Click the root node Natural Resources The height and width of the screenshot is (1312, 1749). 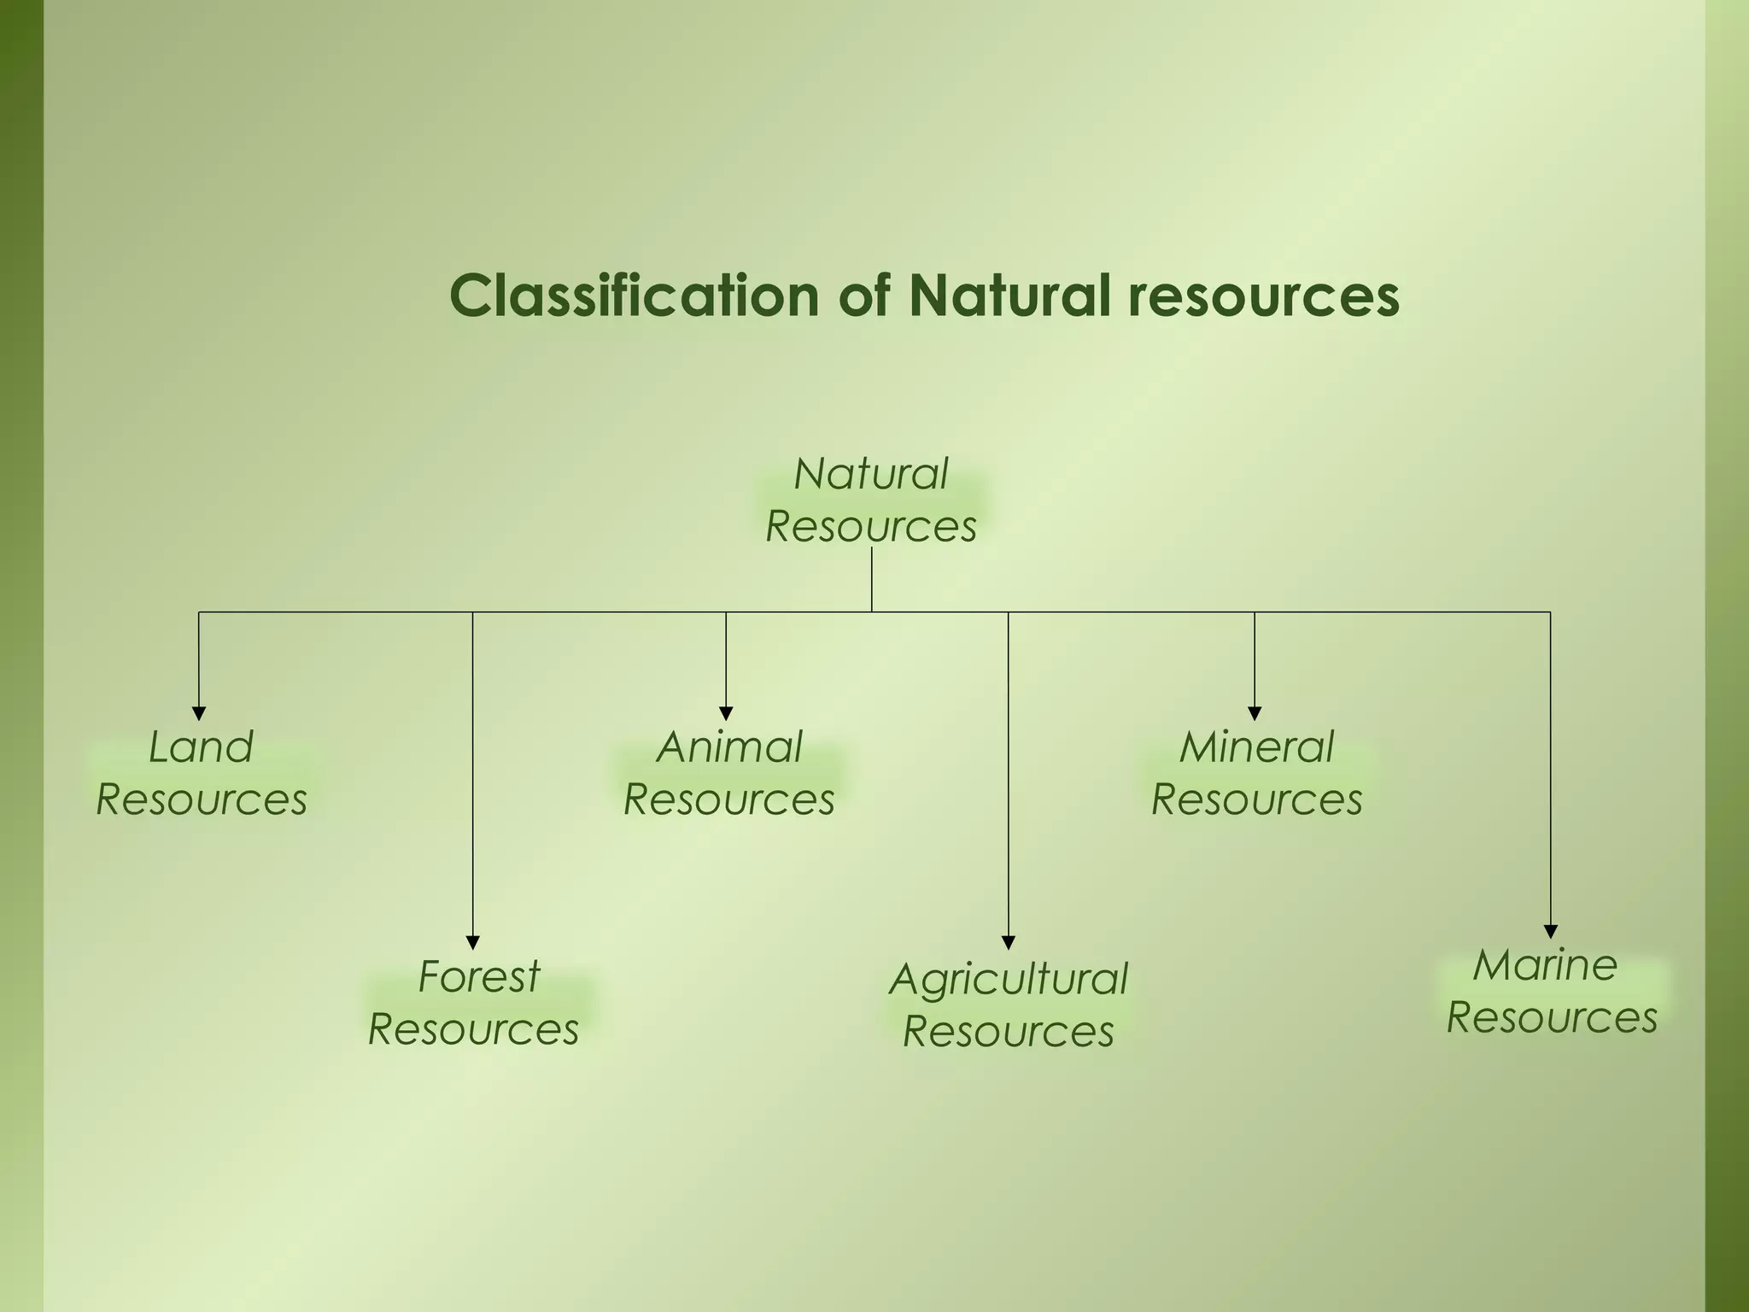pyautogui.click(x=871, y=500)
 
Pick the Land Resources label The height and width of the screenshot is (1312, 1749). pyautogui.click(x=202, y=773)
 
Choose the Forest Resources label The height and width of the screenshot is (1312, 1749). pyautogui.click(x=474, y=1003)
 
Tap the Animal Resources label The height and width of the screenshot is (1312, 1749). pyautogui.click(x=729, y=773)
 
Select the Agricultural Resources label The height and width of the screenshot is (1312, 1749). pyautogui.click(x=1009, y=1005)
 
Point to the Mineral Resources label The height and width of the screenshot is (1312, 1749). pyautogui.click(x=1257, y=773)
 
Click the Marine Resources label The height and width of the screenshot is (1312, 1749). pyautogui.click(x=1552, y=991)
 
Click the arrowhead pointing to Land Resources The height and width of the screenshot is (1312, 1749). pyautogui.click(x=199, y=714)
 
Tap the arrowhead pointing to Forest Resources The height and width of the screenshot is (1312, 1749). pyautogui.click(x=473, y=943)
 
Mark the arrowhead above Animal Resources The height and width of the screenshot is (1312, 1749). pyautogui.click(x=726, y=714)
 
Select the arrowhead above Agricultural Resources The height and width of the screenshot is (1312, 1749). pyautogui.click(x=1009, y=943)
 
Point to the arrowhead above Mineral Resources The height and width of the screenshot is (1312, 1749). pyautogui.click(x=1255, y=714)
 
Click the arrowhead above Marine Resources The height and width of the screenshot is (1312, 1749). pyautogui.click(x=1551, y=932)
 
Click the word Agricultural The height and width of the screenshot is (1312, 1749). pyautogui.click(x=1009, y=980)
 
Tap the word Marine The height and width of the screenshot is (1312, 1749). pyautogui.click(x=1545, y=965)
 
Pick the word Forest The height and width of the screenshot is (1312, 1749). pyautogui.click(x=479, y=976)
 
